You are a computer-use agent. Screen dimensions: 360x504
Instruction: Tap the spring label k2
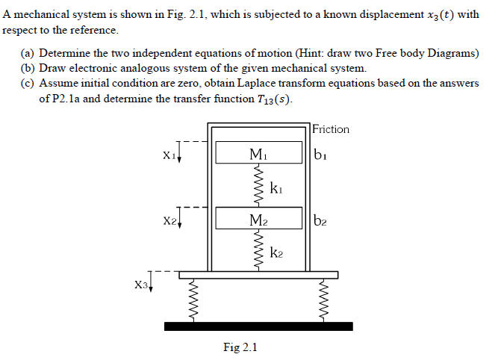point(276,254)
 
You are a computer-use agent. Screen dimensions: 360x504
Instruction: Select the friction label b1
point(320,155)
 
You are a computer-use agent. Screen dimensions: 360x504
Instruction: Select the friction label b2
point(320,220)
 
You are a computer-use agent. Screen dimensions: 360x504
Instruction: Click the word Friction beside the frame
point(331,129)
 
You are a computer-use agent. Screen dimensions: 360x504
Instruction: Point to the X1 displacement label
point(169,155)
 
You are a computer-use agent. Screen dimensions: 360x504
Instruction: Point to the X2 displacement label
point(169,221)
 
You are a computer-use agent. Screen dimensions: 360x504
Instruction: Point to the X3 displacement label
point(141,285)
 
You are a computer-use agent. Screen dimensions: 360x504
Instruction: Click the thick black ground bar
point(258,326)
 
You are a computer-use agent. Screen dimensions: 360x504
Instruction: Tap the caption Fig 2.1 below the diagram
point(240,347)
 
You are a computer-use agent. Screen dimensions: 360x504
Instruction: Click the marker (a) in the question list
point(28,54)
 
